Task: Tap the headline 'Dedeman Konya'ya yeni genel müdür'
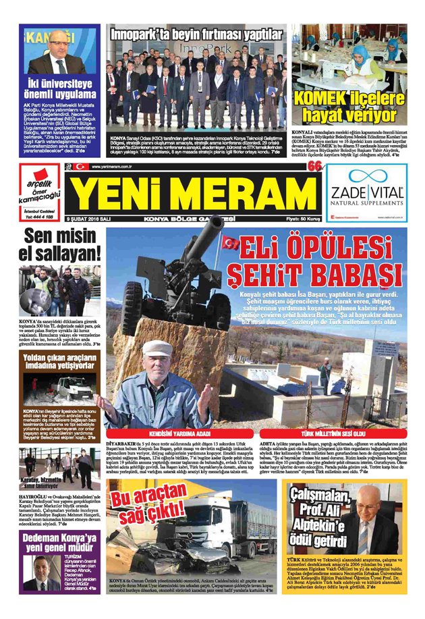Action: click(x=59, y=544)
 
